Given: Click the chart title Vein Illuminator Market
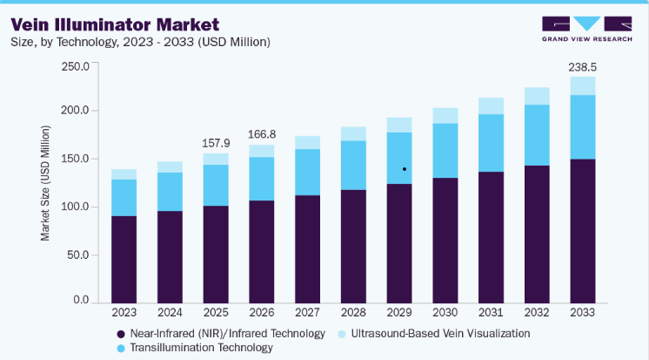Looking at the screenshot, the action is pos(115,25).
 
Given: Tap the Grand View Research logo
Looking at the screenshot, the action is pos(587,29).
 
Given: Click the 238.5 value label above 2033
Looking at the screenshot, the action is pos(582,67).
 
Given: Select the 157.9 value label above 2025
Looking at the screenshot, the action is pos(216,143).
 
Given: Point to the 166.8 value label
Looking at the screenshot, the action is pos(262,134).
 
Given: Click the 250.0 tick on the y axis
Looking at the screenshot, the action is pos(76,66).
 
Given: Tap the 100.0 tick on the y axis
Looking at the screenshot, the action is pos(76,207).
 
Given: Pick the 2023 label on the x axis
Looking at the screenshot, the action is pos(124,312).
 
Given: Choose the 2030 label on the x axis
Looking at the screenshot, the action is pos(445,312).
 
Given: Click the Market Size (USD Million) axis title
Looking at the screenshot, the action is pos(44,183).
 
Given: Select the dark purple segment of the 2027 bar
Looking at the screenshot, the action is pos(307,249).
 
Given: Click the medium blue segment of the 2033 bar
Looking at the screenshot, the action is pos(583,127).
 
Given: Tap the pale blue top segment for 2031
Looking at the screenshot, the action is pos(491,106).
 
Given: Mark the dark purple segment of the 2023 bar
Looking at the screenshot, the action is pos(124,260).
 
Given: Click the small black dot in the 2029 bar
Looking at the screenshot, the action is pos(405,169).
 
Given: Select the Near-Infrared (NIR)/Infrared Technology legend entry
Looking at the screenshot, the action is pos(221,334).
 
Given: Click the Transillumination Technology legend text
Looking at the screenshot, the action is pos(202,348).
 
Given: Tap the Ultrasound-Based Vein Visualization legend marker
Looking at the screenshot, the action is pos(342,335).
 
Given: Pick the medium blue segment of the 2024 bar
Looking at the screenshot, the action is pos(170,192).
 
